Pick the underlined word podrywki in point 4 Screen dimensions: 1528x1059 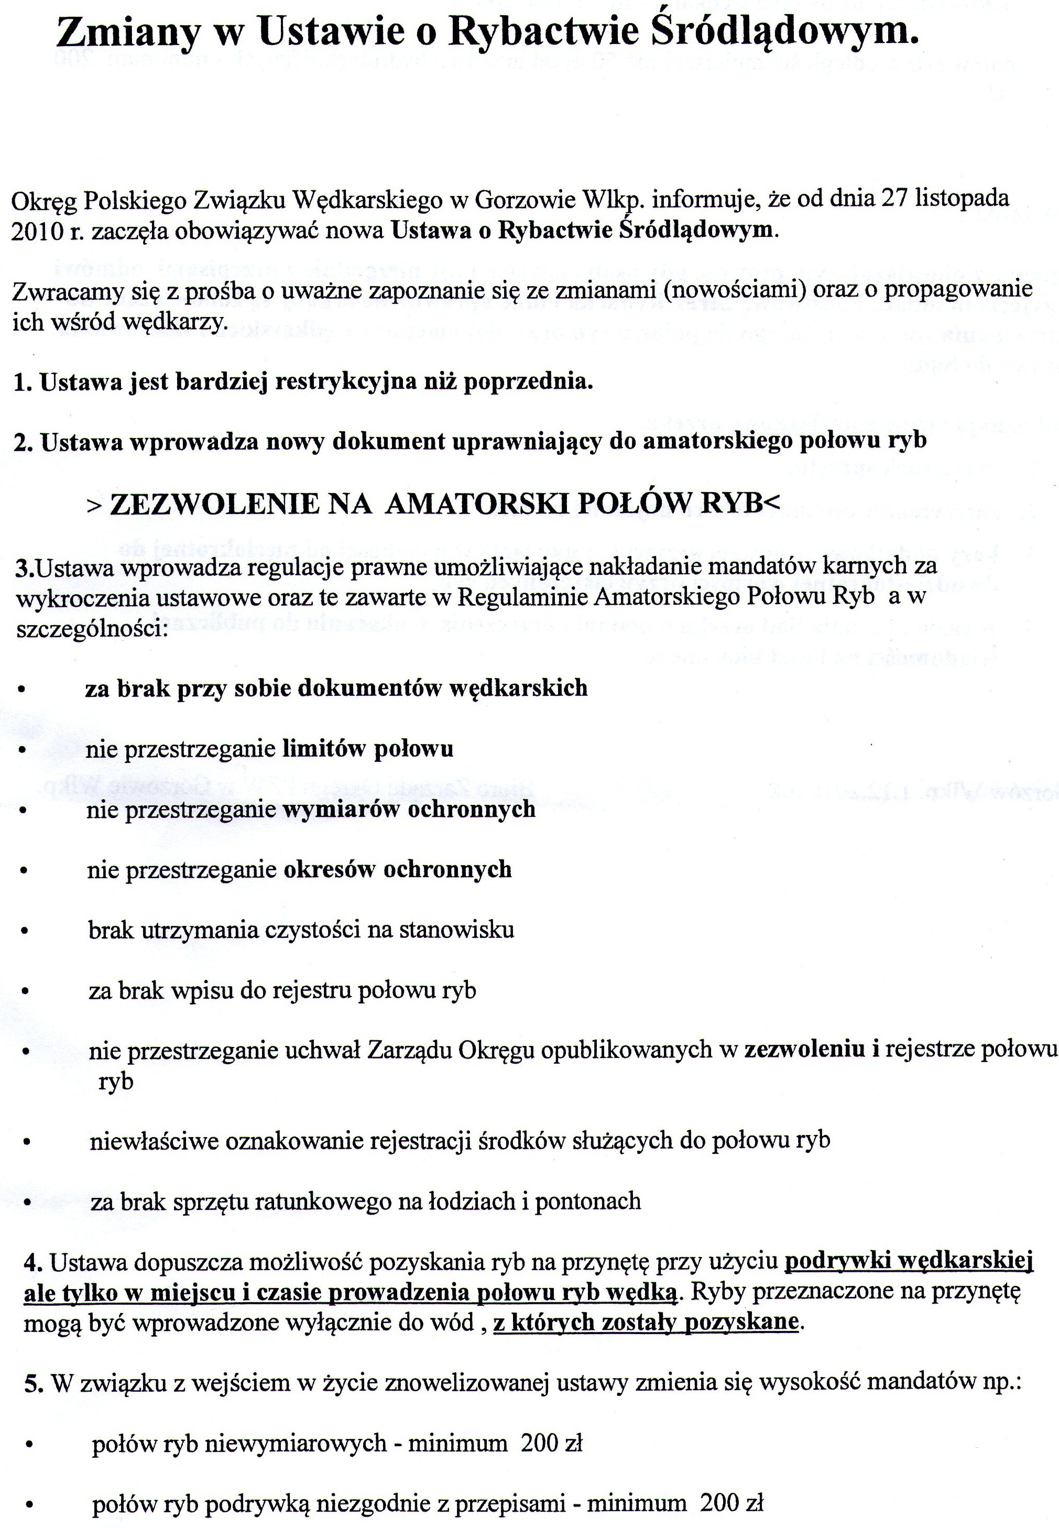tap(834, 1261)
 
